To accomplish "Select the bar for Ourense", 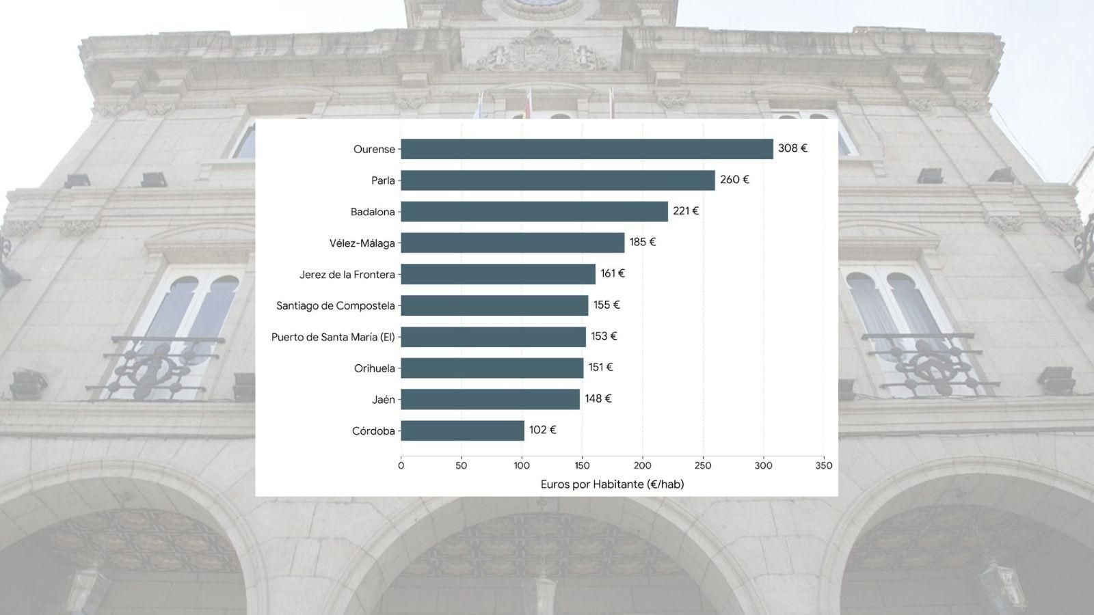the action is click(587, 149).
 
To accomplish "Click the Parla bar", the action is click(558, 180).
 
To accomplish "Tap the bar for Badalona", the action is click(534, 211).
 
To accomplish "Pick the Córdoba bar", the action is click(462, 430).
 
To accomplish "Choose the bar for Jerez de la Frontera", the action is click(498, 274).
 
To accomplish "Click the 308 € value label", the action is click(792, 148).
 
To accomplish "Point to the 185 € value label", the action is click(643, 242).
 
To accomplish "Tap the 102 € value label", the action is click(543, 430).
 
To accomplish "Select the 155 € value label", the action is click(606, 305).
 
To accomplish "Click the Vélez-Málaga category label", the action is click(362, 243).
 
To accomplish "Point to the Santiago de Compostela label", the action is click(336, 305).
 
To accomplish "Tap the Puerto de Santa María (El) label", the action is click(333, 337).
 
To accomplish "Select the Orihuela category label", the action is click(375, 368).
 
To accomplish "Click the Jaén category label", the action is click(384, 399).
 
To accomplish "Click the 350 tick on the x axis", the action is click(824, 465).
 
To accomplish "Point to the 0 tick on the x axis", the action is click(401, 465).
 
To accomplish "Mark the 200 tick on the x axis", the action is click(642, 465).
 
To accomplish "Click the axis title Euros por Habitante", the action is click(613, 484).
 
